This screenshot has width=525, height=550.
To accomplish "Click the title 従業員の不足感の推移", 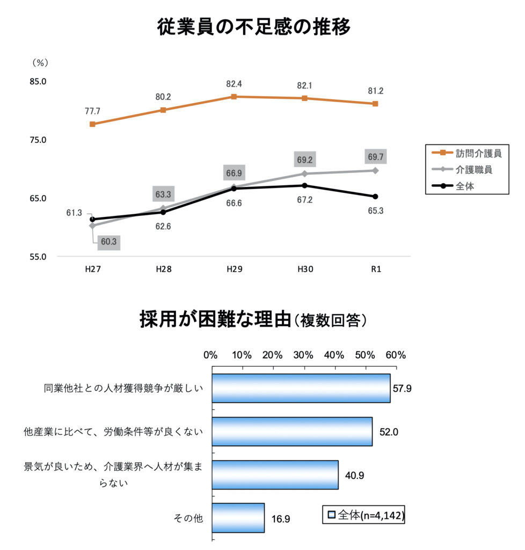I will (x=254, y=26).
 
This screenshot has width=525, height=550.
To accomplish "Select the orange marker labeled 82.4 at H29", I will (x=234, y=97).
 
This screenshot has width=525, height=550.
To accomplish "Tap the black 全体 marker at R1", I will (x=375, y=197).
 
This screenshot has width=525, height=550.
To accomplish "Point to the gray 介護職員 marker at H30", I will (x=304, y=174).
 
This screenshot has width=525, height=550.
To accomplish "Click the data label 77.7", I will (x=92, y=111).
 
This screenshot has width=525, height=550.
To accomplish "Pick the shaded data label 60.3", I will (x=108, y=242).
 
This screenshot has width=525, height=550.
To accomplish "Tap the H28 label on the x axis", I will (x=163, y=270).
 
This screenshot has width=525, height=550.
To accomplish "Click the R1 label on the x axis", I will (x=375, y=270).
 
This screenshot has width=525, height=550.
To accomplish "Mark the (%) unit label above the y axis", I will (x=41, y=63).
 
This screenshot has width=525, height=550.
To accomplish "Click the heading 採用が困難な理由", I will (x=215, y=319).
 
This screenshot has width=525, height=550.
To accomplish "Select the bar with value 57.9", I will (x=301, y=388).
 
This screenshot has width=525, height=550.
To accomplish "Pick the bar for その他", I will (x=238, y=518).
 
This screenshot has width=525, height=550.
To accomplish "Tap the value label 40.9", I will (x=355, y=475).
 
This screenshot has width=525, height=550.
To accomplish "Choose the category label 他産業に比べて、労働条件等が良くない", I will (x=113, y=431).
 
